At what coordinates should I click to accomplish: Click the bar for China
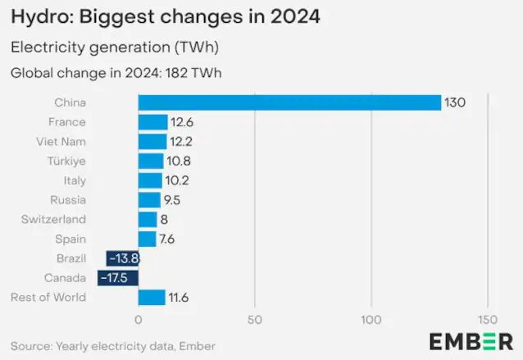pyautogui.click(x=289, y=103)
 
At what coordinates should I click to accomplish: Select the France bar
pyautogui.click(x=152, y=122)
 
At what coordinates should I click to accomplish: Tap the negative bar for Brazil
pyautogui.click(x=122, y=258)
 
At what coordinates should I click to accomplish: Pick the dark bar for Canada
pyautogui.click(x=118, y=278)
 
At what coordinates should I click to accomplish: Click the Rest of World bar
pyautogui.click(x=152, y=298)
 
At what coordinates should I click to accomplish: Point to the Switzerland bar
pyautogui.click(x=148, y=219)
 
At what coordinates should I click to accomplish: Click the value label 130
pyautogui.click(x=454, y=103)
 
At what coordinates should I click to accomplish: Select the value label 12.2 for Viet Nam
pyautogui.click(x=180, y=142)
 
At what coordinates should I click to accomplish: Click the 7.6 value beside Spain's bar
pyautogui.click(x=167, y=239)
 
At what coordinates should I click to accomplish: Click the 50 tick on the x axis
pyautogui.click(x=255, y=318)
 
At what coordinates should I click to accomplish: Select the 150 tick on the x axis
pyautogui.click(x=488, y=318)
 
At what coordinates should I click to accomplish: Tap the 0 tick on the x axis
pyautogui.click(x=138, y=318)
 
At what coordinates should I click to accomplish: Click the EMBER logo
pyautogui.click(x=471, y=341)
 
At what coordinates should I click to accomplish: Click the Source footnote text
pyautogui.click(x=113, y=346)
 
